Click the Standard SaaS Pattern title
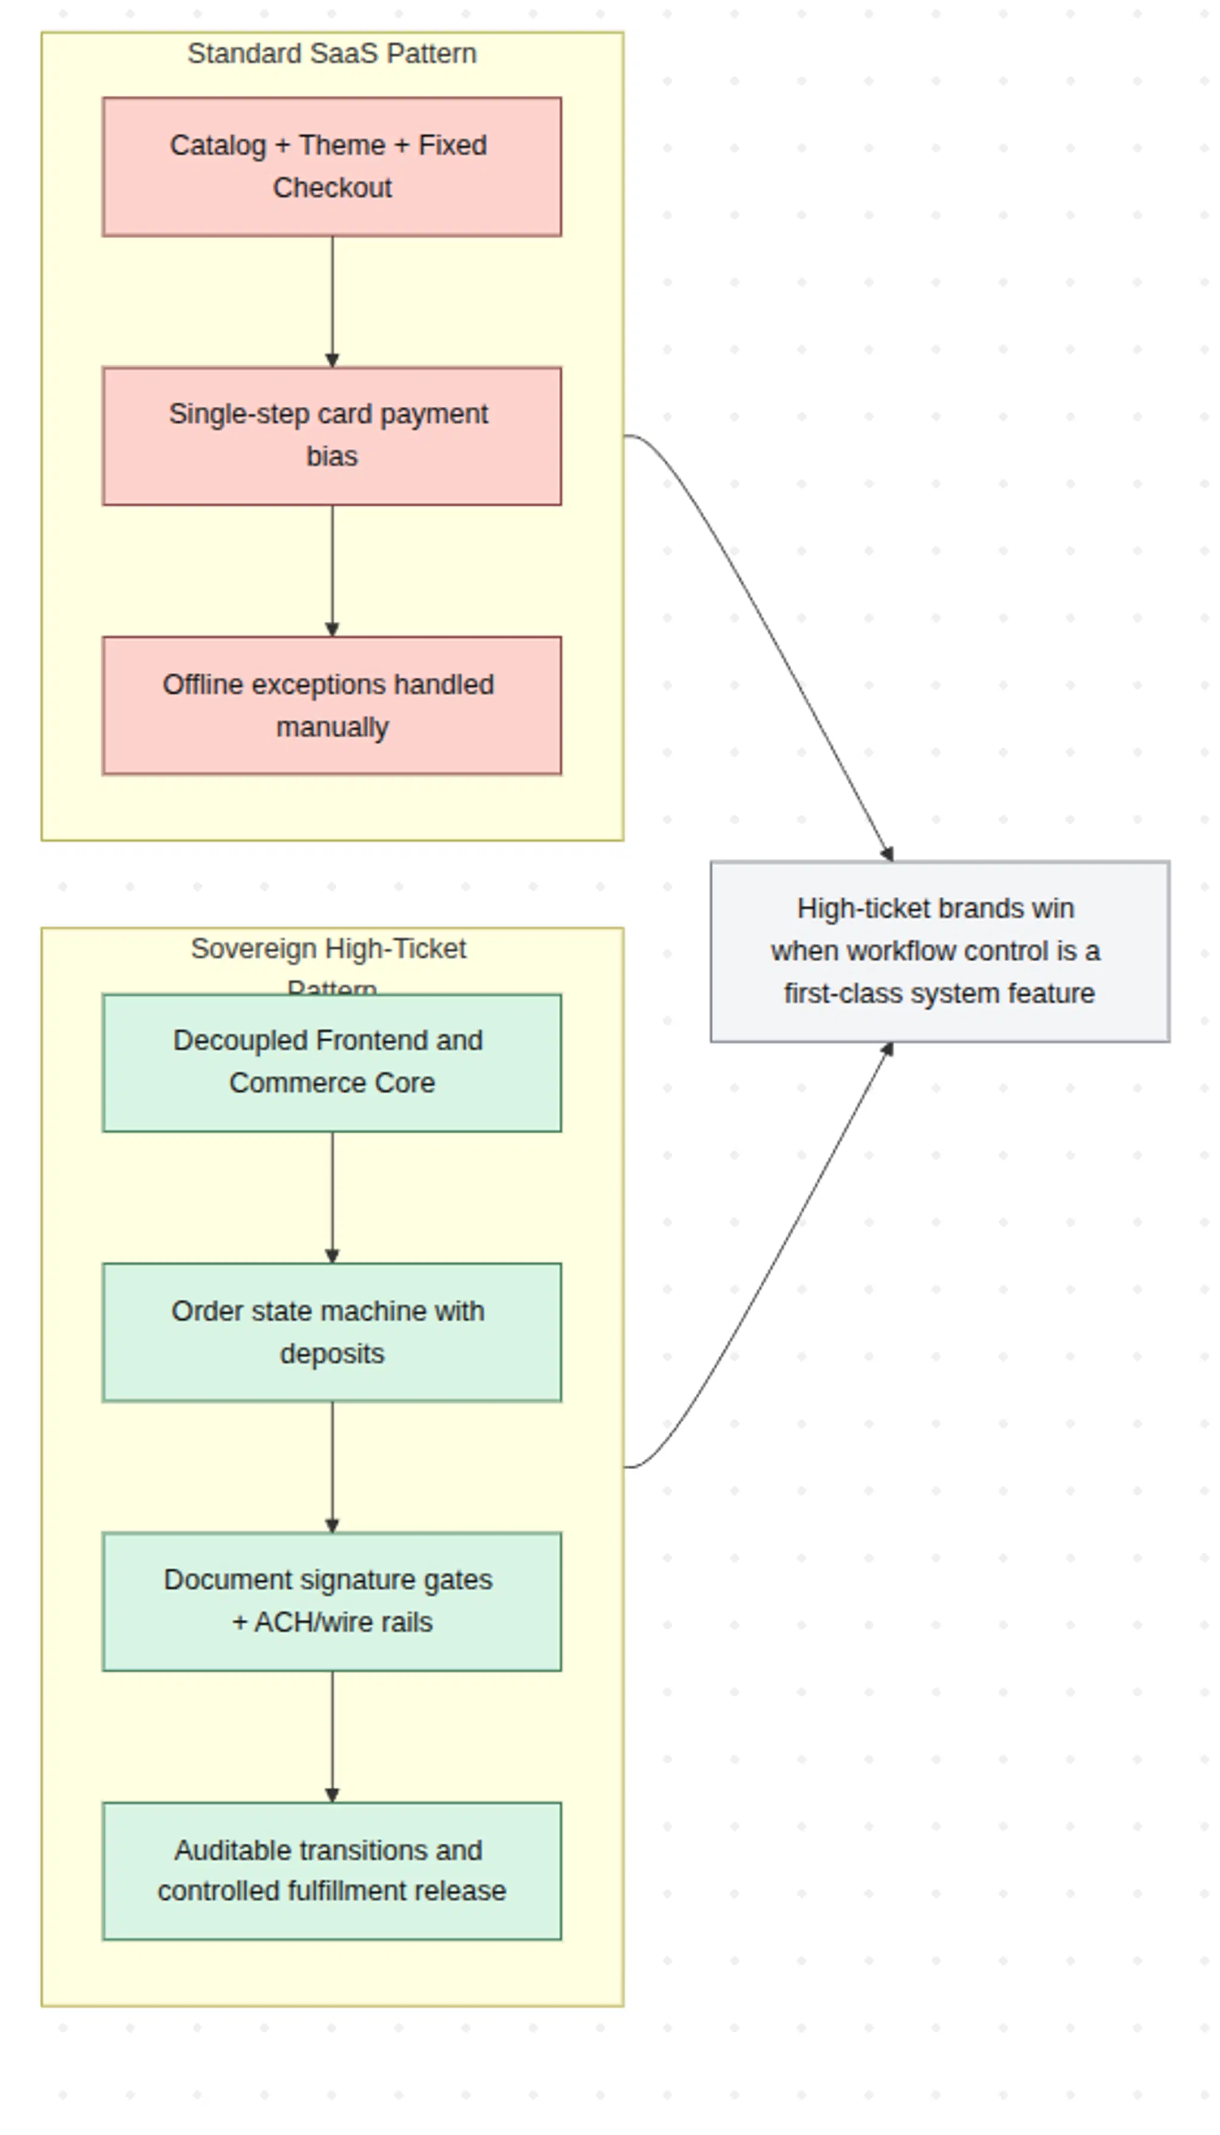[332, 54]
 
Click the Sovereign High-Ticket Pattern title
[328, 949]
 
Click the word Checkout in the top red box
[332, 188]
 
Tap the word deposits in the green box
[332, 1354]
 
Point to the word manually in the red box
[332, 727]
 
